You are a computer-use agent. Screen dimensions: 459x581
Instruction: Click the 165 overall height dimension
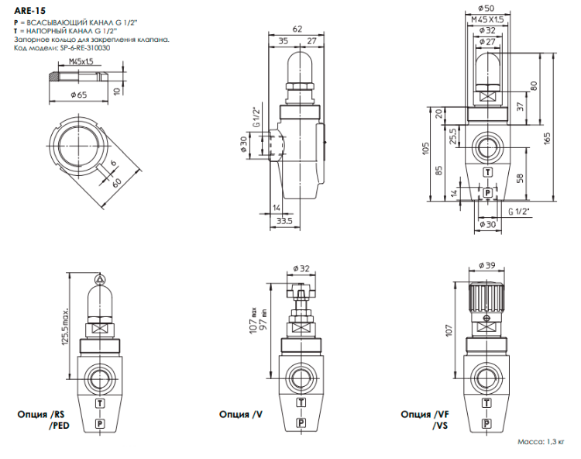(x=547, y=137)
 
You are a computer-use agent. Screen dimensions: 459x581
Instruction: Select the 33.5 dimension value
(x=284, y=222)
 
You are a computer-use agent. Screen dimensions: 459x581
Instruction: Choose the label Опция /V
(x=242, y=415)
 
